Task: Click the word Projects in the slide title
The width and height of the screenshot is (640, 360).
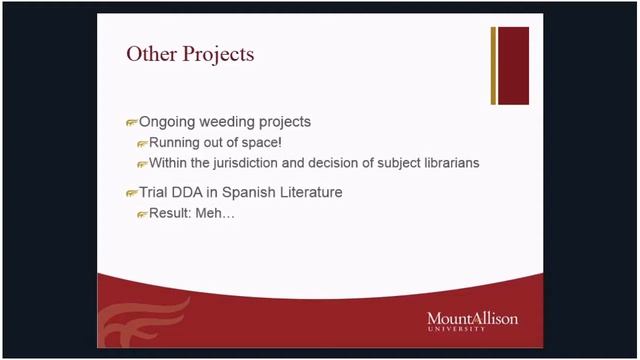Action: [218, 55]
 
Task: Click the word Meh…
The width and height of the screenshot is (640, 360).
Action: [218, 213]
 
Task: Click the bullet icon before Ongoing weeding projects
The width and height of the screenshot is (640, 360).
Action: [131, 123]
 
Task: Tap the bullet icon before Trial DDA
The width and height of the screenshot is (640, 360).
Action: [131, 193]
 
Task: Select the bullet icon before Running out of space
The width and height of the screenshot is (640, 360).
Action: [142, 144]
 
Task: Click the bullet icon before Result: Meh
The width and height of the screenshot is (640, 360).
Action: [142, 214]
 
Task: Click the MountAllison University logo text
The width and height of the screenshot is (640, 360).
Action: [472, 320]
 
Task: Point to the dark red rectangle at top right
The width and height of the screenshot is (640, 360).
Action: [513, 65]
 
